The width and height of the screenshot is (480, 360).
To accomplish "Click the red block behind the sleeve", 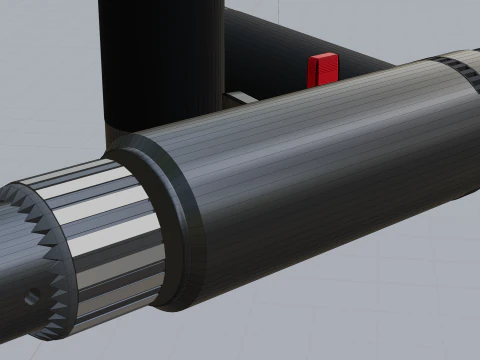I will [322, 70].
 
